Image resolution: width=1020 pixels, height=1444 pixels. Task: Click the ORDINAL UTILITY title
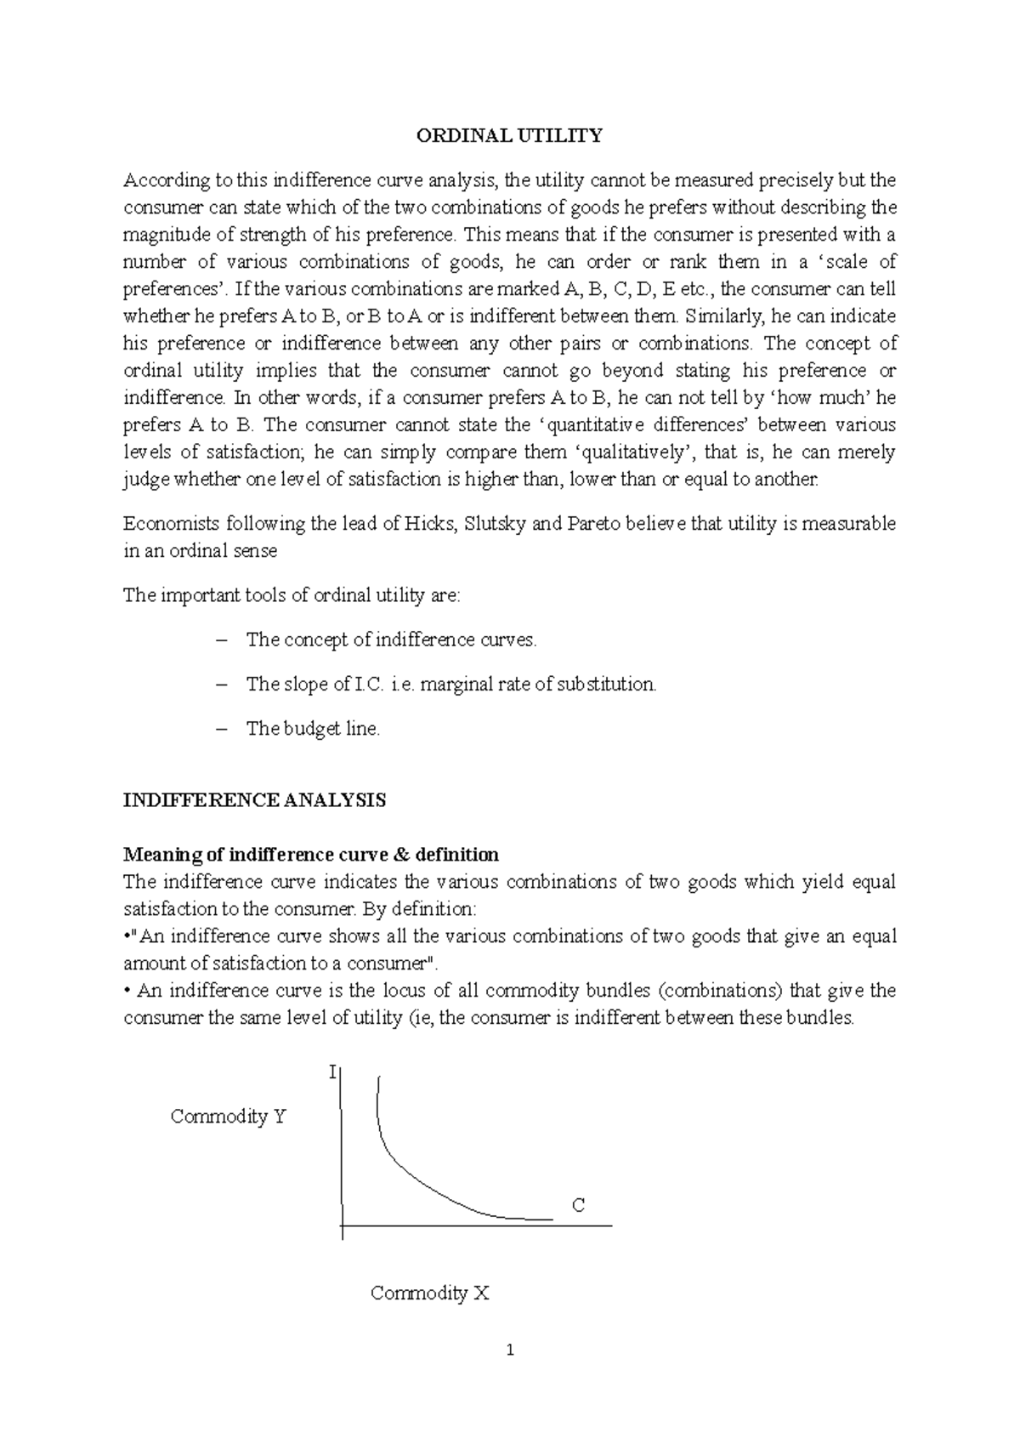[508, 136]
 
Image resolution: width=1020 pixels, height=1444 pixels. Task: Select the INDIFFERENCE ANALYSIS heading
[255, 801]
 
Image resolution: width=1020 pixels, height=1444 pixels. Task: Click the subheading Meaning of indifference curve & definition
[311, 854]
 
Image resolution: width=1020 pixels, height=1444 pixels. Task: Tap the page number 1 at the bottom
[510, 1350]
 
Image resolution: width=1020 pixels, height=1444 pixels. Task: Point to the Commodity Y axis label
[228, 1117]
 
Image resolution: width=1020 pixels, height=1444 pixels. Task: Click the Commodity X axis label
[430, 1293]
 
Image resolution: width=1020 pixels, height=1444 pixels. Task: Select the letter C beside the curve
[578, 1205]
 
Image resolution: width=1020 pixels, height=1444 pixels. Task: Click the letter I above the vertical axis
[332, 1073]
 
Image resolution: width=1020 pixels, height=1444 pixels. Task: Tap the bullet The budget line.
[313, 729]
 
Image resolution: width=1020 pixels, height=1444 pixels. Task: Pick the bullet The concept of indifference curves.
[391, 640]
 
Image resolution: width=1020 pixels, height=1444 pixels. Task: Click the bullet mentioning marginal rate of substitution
[450, 685]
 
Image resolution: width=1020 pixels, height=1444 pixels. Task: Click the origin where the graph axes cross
[342, 1226]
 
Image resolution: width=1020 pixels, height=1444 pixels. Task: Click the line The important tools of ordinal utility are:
[292, 595]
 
